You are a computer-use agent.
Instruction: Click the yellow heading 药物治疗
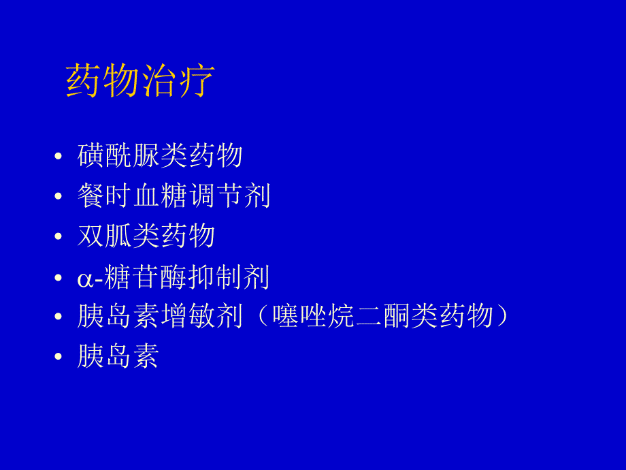pos(140,82)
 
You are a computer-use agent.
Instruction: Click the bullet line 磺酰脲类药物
pos(160,156)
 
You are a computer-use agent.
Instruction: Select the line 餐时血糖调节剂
pos(174,196)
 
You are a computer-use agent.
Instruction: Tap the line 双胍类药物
pos(146,236)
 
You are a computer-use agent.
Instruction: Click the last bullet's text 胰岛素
pos(118,357)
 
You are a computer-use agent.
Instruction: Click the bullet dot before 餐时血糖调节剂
pos(58,198)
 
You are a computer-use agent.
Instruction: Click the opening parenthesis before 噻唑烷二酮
pos(262,317)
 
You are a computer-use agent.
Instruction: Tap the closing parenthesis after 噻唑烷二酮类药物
pos(503,317)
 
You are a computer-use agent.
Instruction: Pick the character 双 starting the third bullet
pos(90,236)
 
